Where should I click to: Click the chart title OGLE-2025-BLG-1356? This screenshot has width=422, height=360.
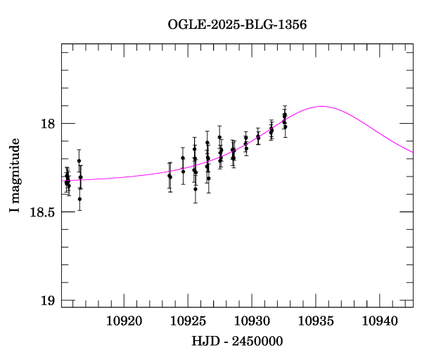[237, 24]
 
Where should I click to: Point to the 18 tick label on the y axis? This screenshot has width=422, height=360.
[49, 124]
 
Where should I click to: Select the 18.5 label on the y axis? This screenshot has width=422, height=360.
[43, 212]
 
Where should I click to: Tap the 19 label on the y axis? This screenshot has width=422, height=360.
[49, 301]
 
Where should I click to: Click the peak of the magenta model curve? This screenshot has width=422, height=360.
[322, 106]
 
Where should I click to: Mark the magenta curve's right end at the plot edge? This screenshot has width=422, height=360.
[412, 152]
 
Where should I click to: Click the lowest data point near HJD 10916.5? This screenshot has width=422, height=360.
[79, 199]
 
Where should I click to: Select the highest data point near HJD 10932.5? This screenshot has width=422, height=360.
[284, 114]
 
